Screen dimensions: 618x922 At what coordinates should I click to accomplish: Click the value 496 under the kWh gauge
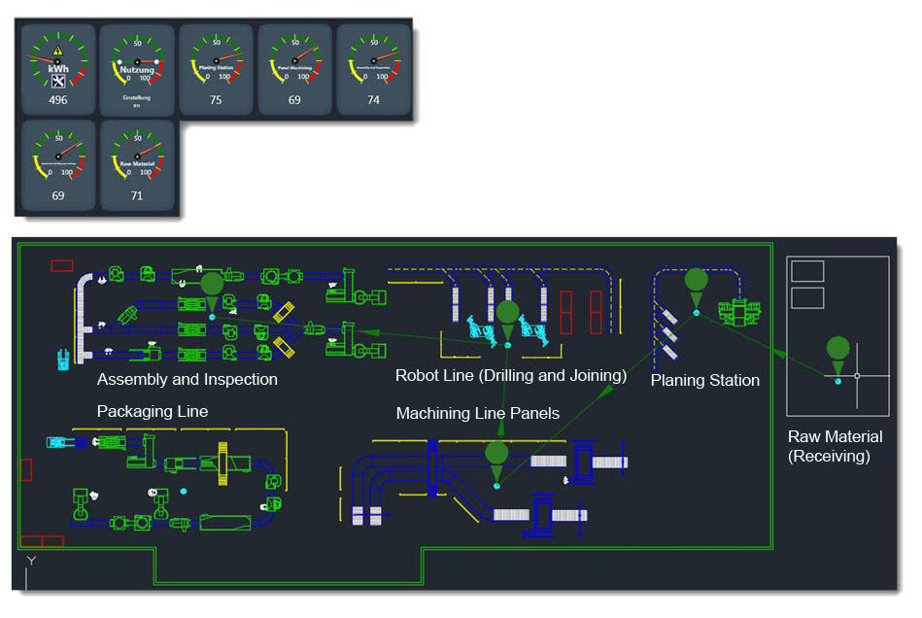pos(58,100)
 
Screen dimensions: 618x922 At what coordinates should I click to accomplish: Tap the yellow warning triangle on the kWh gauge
pos(58,50)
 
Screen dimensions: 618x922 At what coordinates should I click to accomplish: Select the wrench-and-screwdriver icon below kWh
pos(58,82)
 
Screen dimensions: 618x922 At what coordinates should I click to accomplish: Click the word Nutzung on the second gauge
pos(137,69)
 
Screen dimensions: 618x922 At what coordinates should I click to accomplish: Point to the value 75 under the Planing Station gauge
pos(216,100)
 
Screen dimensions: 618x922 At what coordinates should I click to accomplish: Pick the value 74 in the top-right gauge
pos(373,100)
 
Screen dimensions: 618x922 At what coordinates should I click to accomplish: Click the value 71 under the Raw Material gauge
pos(137,195)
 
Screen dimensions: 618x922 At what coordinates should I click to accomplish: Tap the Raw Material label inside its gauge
pos(137,164)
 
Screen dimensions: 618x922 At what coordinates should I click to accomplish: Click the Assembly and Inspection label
pos(188,379)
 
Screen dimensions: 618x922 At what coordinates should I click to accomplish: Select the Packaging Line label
pos(153,411)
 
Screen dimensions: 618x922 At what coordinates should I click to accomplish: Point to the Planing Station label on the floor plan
pos(704,380)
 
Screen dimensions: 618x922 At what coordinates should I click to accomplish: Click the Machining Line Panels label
pos(478,413)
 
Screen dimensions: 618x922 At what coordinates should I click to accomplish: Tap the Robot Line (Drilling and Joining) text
pos(511,375)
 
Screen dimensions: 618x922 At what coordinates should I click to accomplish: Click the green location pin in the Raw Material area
pos(837,351)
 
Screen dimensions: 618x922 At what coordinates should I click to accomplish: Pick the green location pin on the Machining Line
pos(496,455)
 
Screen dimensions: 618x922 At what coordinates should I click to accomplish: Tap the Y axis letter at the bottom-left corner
pos(31,561)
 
